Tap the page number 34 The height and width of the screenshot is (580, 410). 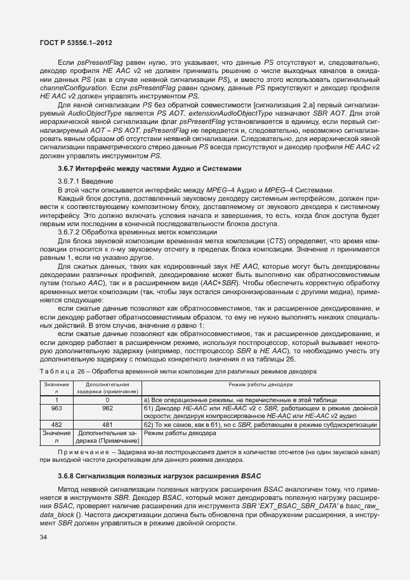43,537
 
